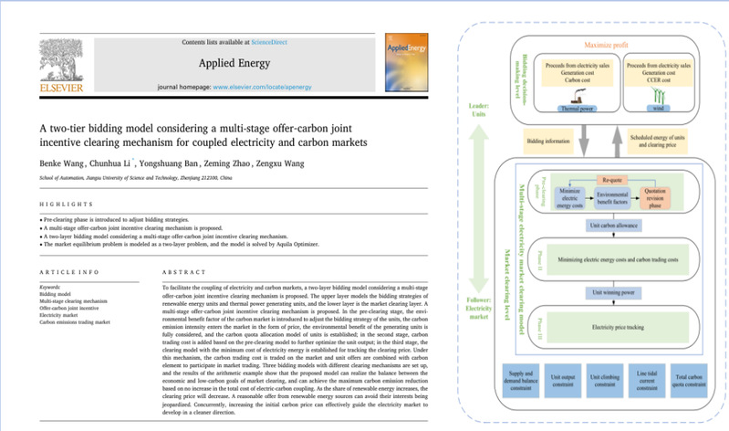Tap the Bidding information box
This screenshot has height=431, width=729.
click(x=549, y=142)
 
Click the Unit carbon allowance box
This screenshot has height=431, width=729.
click(x=601, y=226)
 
